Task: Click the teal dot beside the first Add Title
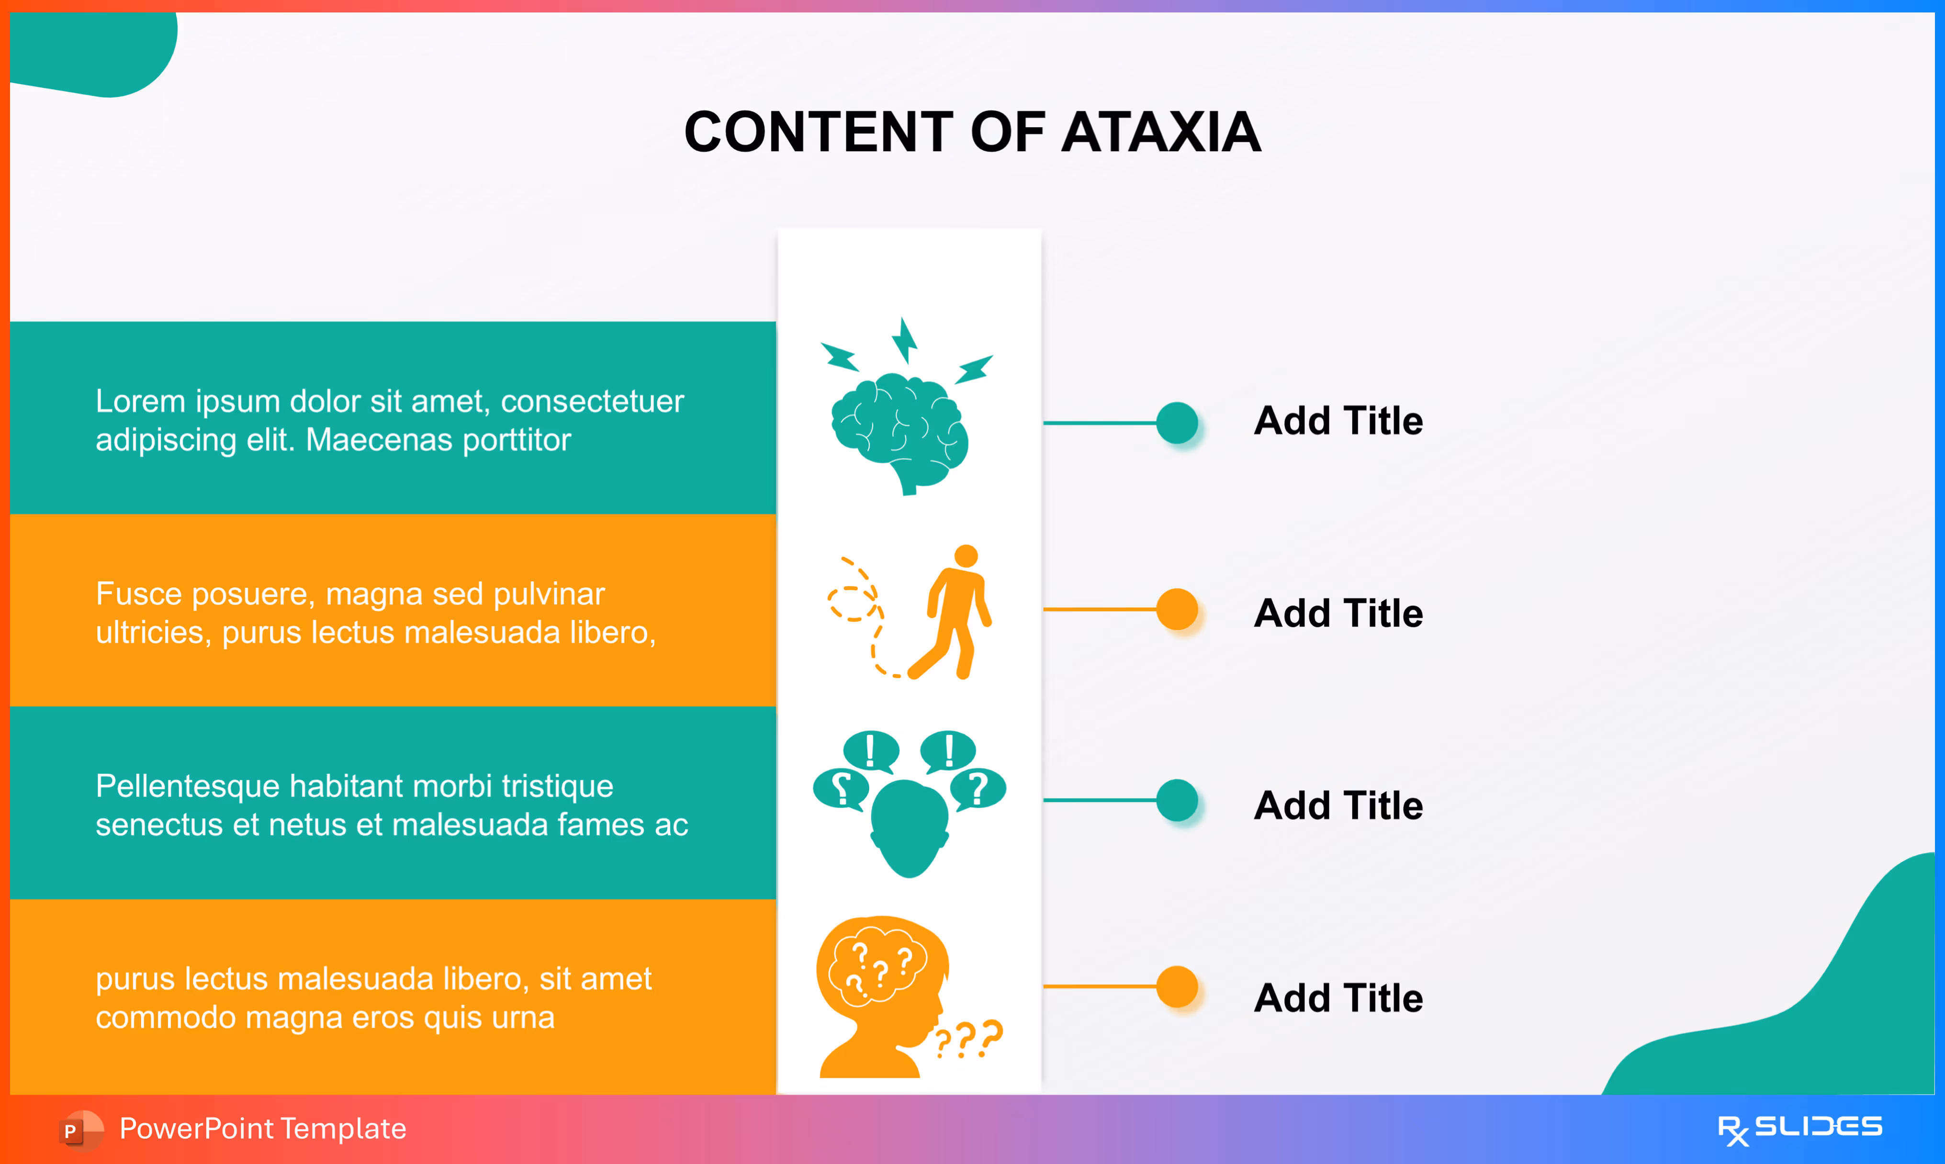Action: click(x=1177, y=423)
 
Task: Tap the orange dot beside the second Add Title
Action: click(x=1177, y=609)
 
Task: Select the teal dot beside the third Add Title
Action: click(x=1177, y=800)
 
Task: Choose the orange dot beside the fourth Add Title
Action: click(x=1177, y=986)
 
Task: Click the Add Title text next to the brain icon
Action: click(x=1338, y=421)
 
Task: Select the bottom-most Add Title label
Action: click(x=1338, y=998)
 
